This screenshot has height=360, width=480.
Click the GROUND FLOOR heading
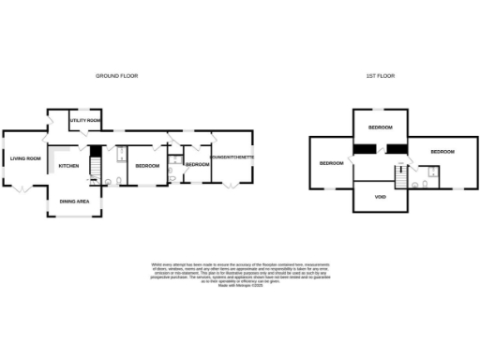click(117, 76)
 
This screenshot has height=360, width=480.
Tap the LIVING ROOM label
click(25, 158)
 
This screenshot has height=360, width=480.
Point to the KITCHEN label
click(69, 166)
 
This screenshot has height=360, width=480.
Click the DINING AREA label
click(74, 201)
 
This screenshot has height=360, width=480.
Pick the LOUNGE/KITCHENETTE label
click(232, 157)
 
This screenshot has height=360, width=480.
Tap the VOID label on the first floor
click(380, 197)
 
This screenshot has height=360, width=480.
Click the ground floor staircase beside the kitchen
click(94, 168)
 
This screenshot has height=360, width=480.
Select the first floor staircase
click(402, 175)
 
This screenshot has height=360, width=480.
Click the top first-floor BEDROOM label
click(380, 127)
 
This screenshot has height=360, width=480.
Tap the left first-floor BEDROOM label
click(331, 163)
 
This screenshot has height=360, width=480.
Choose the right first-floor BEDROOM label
click(442, 151)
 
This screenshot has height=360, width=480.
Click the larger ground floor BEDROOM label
click(147, 166)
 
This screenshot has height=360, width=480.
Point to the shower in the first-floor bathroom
click(432, 171)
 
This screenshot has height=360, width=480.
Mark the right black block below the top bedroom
click(397, 147)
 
